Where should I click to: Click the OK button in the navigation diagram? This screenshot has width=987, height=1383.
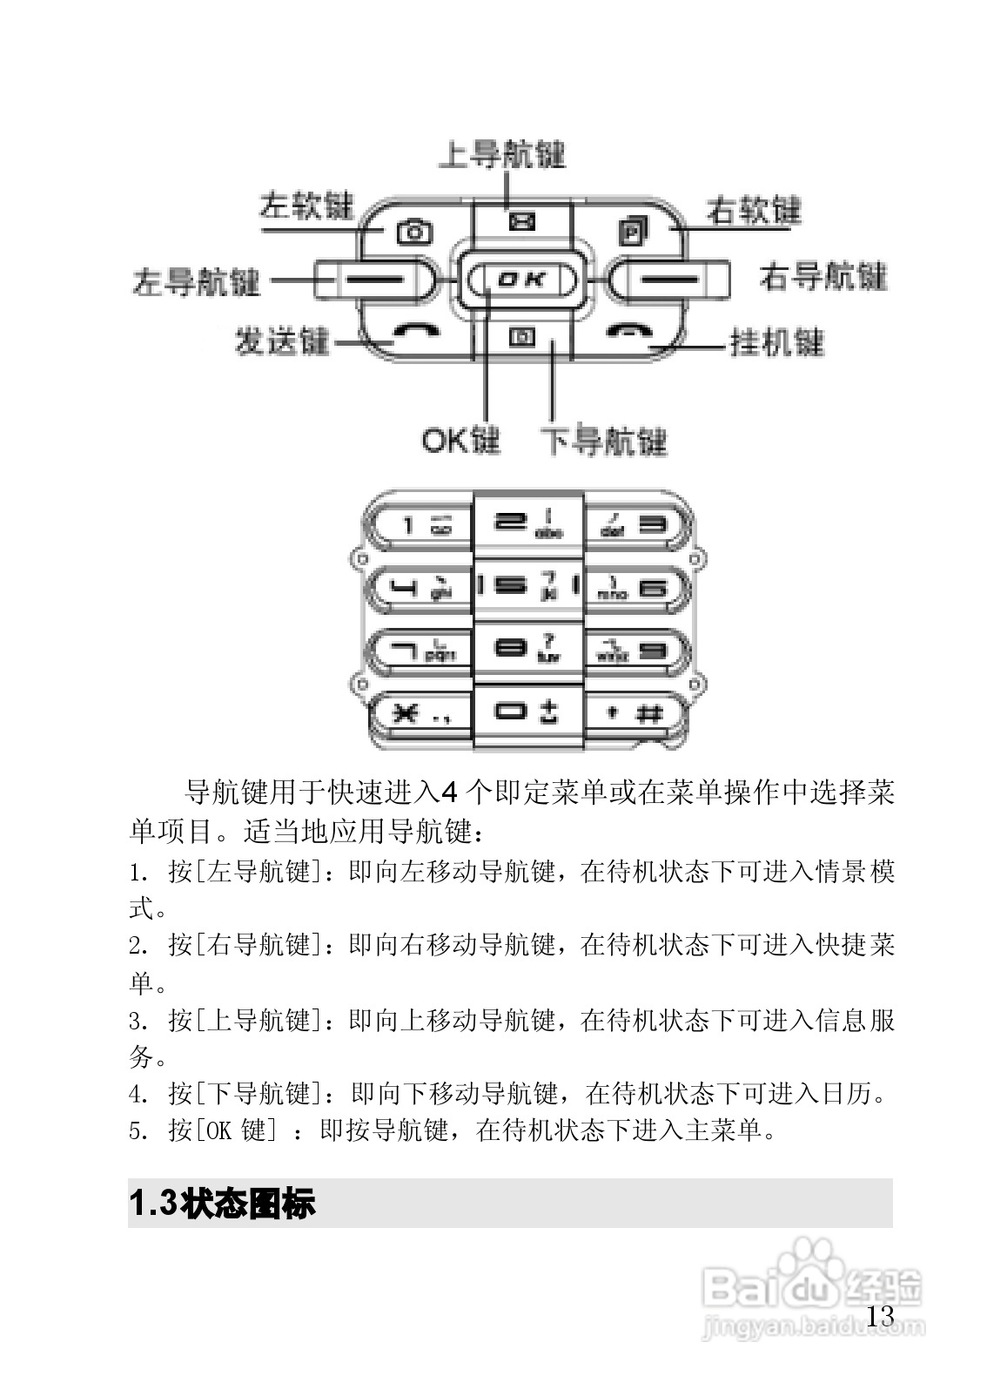[522, 279]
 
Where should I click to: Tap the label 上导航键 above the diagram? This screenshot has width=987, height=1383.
[501, 155]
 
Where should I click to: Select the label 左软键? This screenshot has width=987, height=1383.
[306, 206]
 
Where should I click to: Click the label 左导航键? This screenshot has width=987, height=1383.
[197, 282]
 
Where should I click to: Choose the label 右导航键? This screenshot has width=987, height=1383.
[822, 278]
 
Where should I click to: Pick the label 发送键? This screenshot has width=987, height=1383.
[281, 341]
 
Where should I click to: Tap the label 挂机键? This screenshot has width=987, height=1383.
[776, 343]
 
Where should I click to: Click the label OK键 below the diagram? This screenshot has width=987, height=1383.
[460, 441]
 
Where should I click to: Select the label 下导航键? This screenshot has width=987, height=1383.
[603, 442]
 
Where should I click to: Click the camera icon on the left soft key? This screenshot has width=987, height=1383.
[414, 232]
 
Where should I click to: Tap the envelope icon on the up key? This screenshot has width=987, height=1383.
[521, 222]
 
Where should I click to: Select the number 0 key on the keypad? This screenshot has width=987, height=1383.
[526, 712]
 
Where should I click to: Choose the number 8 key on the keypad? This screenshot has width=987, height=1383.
[526, 650]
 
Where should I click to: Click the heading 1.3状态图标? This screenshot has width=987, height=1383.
[223, 1204]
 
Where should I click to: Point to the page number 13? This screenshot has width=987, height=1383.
[880, 1316]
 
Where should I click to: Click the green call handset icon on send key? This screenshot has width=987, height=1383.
[414, 331]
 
